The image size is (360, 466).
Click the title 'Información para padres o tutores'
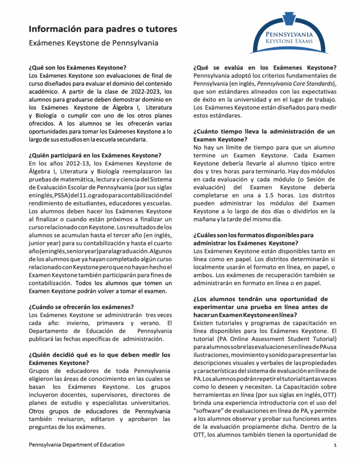103,30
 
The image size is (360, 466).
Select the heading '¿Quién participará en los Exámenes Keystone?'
95,155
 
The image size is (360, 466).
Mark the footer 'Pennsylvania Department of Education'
76,445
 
